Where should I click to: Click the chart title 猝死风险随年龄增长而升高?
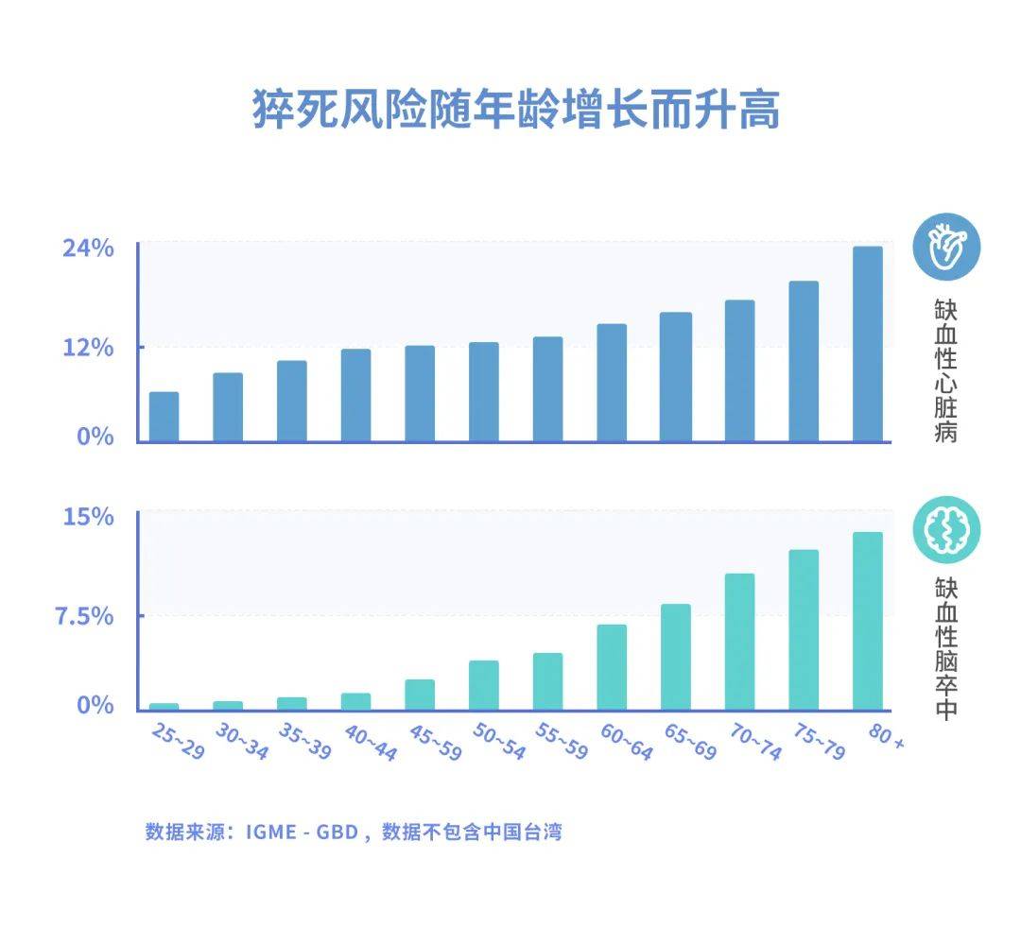(x=515, y=111)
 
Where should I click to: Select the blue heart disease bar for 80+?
(x=867, y=344)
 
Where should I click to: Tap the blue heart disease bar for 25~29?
(x=164, y=417)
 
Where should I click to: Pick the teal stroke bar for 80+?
(x=867, y=621)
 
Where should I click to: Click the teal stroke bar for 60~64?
(x=612, y=667)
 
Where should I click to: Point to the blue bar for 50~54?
(x=483, y=391)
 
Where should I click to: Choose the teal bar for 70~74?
(x=739, y=642)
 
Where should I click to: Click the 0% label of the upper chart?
(x=95, y=437)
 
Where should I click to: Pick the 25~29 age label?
(x=177, y=742)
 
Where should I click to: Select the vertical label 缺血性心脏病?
(x=945, y=371)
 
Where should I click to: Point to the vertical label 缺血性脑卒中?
(x=945, y=649)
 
